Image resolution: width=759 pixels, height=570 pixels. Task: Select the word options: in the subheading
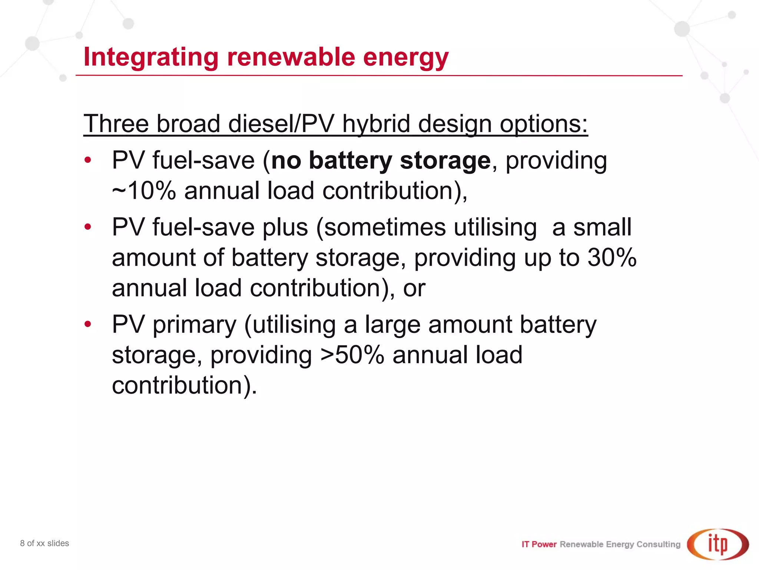[x=544, y=124]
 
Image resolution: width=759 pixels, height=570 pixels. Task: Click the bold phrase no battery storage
[x=381, y=161]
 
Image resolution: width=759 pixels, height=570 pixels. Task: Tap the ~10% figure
[x=144, y=191]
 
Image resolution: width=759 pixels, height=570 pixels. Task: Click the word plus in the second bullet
[x=285, y=227]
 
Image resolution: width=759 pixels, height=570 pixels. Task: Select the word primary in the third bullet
[x=194, y=325]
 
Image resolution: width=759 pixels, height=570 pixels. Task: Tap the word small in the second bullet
[x=602, y=227]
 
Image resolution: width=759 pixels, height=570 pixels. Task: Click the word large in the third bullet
[x=392, y=325]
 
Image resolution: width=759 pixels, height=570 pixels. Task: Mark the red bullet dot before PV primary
[x=88, y=324]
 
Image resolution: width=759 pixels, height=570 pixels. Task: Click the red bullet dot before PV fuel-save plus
[x=88, y=227]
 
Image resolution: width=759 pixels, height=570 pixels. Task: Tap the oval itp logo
[x=717, y=544]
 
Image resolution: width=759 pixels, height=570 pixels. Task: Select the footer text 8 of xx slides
[x=44, y=543]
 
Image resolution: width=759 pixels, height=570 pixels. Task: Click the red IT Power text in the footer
[x=539, y=544]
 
